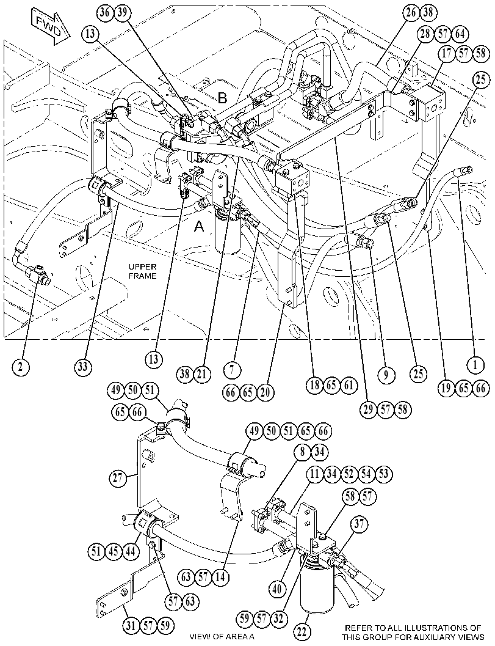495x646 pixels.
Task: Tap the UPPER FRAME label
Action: pyautogui.click(x=143, y=271)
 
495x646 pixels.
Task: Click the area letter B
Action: pyautogui.click(x=223, y=98)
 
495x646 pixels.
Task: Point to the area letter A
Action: pyautogui.click(x=199, y=226)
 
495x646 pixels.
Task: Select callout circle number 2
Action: pyautogui.click(x=20, y=366)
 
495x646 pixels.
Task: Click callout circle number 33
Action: pyautogui.click(x=83, y=366)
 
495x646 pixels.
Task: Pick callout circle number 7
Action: pyautogui.click(x=233, y=370)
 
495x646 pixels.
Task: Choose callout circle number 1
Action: pyautogui.click(x=475, y=364)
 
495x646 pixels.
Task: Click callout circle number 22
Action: pyautogui.click(x=302, y=632)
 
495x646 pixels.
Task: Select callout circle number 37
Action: pyautogui.click(x=359, y=524)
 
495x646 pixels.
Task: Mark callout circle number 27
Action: pyautogui.click(x=118, y=478)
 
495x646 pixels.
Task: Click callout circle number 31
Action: pyautogui.click(x=131, y=626)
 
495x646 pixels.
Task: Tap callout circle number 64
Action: pyautogui.click(x=460, y=34)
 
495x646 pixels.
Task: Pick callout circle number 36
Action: pyautogui.click(x=106, y=12)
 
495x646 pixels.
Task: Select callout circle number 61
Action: pyautogui.click(x=349, y=385)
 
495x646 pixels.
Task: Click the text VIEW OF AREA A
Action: pyautogui.click(x=222, y=636)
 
